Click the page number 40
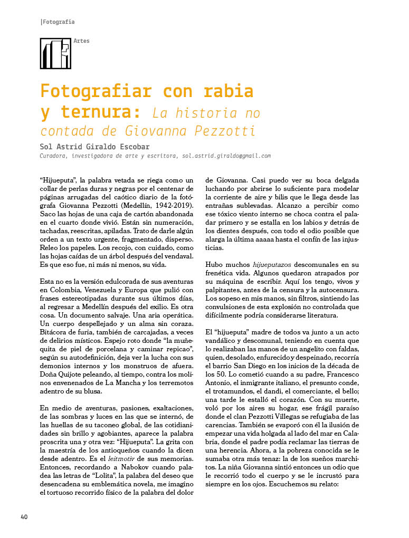pyautogui.click(x=24, y=516)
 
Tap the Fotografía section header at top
pyautogui.click(x=58, y=22)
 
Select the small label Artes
pyautogui.click(x=82, y=41)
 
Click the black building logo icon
pyautogui.click(x=55, y=53)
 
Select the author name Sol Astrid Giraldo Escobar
pyautogui.click(x=94, y=147)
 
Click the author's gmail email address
pyautogui.click(x=226, y=156)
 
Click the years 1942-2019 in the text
pyautogui.click(x=166, y=205)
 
